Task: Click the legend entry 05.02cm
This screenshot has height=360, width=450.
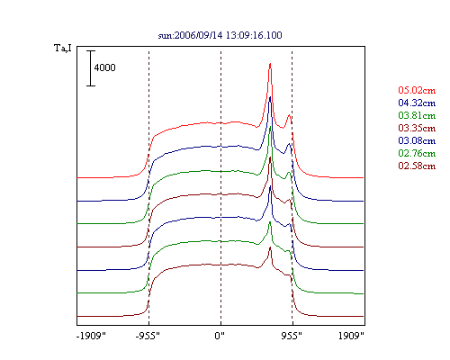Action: click(417, 90)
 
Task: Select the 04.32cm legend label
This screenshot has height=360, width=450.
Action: click(417, 103)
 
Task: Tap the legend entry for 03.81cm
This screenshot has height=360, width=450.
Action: click(417, 115)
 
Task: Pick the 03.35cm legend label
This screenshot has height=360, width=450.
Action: click(417, 128)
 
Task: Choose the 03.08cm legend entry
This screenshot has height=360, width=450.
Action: click(417, 140)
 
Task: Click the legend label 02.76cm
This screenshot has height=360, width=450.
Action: click(417, 153)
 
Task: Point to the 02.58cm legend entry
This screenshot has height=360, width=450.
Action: click(417, 166)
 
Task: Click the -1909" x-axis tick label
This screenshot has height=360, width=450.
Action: click(91, 336)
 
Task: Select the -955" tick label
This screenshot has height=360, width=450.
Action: click(148, 336)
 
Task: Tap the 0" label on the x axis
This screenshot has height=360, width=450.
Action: click(220, 336)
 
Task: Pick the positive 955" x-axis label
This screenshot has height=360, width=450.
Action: click(292, 336)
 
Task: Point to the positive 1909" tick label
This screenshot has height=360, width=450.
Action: click(351, 336)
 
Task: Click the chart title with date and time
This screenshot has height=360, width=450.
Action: click(220, 35)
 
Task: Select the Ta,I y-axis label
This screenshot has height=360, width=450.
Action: click(63, 48)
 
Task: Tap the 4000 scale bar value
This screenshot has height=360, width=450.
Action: click(104, 67)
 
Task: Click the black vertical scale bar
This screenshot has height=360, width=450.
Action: click(91, 68)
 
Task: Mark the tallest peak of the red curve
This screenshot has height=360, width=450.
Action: click(270, 64)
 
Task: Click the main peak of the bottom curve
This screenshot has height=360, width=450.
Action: click(270, 247)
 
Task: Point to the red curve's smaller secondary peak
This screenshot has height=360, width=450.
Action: click(289, 114)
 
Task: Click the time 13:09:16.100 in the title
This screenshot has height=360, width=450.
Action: click(254, 35)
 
